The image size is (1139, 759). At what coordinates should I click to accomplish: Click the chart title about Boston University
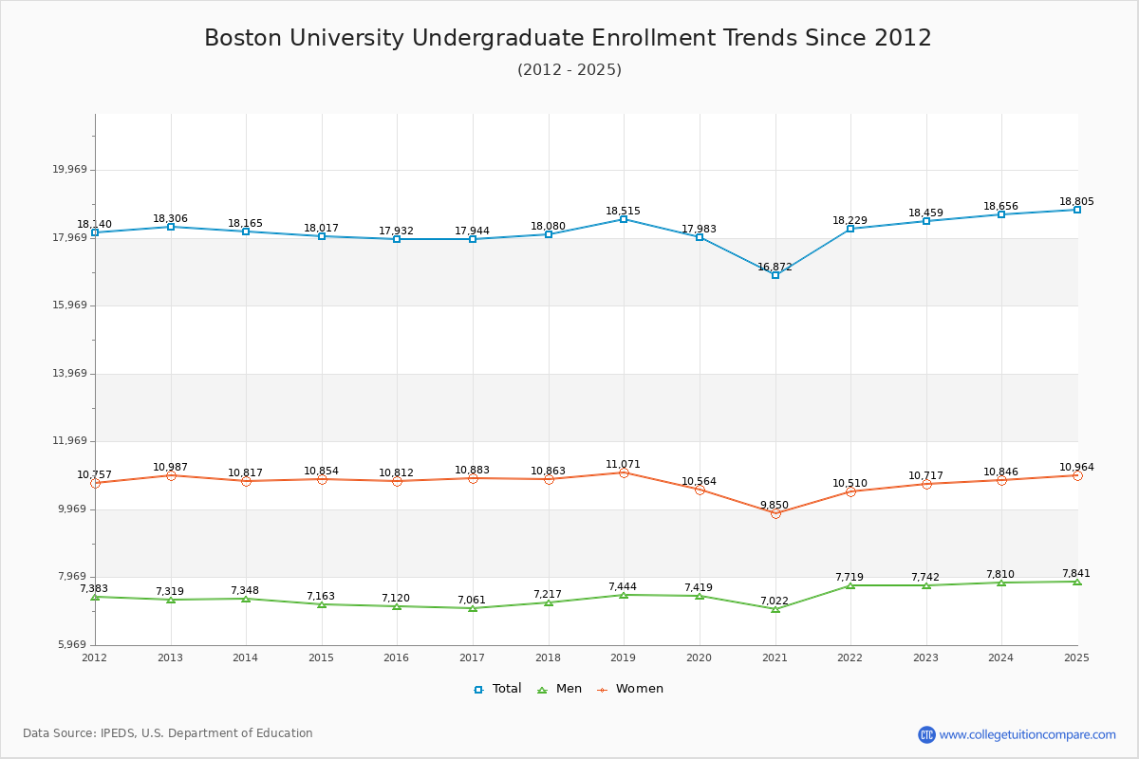click(x=568, y=38)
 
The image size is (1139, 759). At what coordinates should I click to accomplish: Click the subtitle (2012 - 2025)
click(x=569, y=70)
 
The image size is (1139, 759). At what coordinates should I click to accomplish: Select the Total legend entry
click(x=497, y=689)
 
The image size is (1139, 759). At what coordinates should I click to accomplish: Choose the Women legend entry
click(x=630, y=689)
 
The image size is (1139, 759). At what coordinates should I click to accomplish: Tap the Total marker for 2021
click(x=775, y=275)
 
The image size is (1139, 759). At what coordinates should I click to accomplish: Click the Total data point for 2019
click(x=624, y=219)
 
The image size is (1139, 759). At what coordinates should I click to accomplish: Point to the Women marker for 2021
click(x=775, y=513)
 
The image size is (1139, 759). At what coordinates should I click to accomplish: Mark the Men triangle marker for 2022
click(x=850, y=585)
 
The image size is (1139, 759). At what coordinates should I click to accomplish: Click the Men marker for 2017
click(x=473, y=608)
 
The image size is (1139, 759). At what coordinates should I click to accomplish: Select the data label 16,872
click(x=775, y=268)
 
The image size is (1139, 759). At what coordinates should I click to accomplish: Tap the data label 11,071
click(x=623, y=465)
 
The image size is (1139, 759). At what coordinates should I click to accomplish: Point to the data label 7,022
click(x=774, y=601)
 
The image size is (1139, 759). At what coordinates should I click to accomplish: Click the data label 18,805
click(x=1076, y=202)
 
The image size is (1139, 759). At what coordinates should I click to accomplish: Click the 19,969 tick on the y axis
click(x=69, y=170)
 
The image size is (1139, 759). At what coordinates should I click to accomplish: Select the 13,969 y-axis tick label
click(x=69, y=374)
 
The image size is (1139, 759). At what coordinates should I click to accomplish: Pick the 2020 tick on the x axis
click(x=699, y=657)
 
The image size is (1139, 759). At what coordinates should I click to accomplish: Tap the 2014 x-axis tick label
click(x=246, y=657)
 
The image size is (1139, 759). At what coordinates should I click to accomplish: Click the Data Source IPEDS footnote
click(x=168, y=733)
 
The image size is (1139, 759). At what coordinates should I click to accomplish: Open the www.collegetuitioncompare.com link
click(x=1027, y=734)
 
